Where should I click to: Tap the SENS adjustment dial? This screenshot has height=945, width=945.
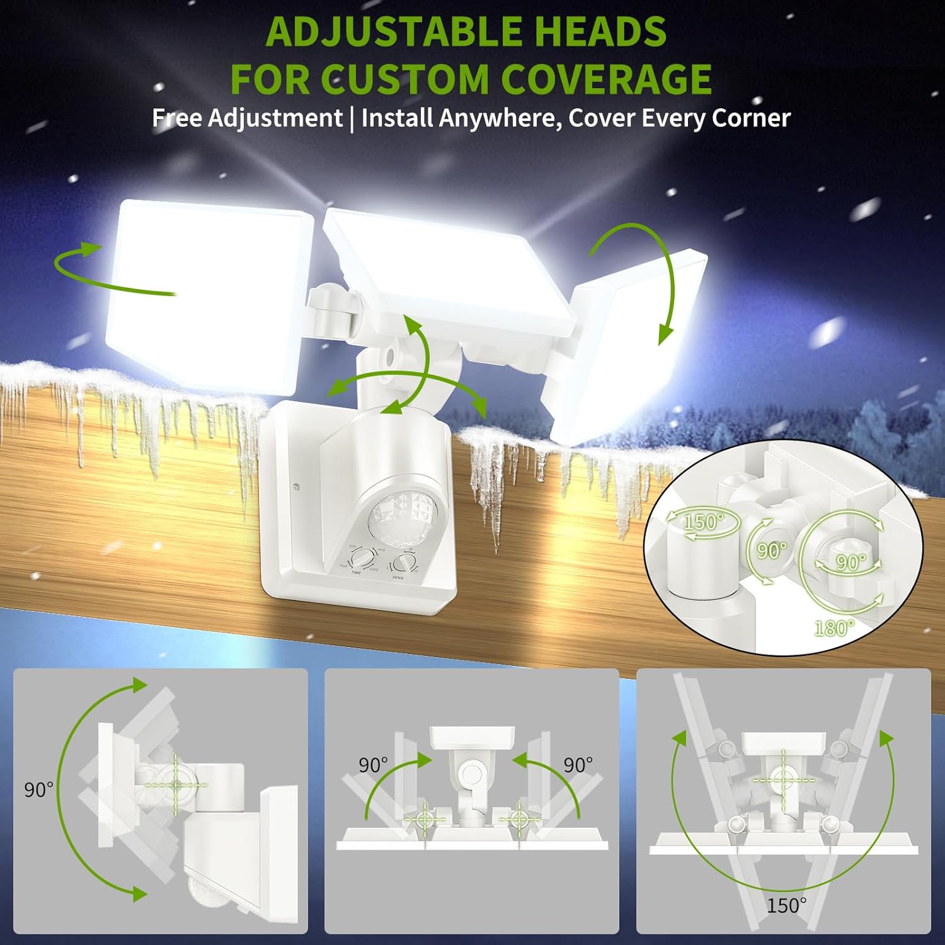click(401, 563)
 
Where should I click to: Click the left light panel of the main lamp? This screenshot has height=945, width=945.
click(208, 290)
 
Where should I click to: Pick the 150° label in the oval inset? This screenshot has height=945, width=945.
click(704, 522)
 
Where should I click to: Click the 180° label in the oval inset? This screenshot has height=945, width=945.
click(834, 627)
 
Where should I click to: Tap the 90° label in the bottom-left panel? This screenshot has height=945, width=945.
click(38, 789)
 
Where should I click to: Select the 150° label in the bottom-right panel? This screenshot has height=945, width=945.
click(786, 905)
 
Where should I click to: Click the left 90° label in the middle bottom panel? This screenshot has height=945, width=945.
click(374, 765)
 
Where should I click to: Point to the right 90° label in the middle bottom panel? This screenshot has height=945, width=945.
click(578, 765)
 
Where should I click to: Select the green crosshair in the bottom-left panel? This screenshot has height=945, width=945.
click(176, 784)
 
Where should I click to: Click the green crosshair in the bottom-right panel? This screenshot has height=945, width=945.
click(783, 779)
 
